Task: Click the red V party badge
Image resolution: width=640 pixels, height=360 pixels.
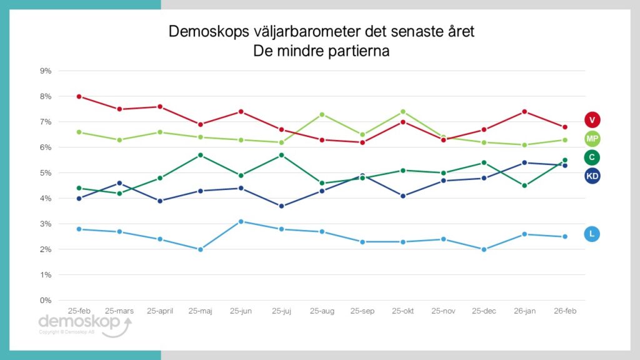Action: click(x=592, y=119)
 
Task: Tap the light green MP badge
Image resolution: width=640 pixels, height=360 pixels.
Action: click(x=592, y=138)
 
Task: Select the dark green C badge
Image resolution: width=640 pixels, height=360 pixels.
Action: click(x=592, y=157)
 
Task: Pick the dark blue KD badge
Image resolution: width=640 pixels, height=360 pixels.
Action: click(x=592, y=176)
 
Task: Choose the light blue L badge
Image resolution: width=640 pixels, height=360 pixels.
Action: click(x=592, y=234)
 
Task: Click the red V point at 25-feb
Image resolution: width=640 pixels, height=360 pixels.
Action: click(x=79, y=96)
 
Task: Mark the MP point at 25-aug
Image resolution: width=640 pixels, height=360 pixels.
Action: click(x=322, y=114)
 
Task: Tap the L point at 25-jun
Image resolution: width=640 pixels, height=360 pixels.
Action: click(x=241, y=221)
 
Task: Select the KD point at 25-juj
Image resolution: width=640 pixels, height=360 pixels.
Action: click(x=281, y=206)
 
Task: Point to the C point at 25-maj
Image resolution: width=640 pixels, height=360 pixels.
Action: click(x=201, y=155)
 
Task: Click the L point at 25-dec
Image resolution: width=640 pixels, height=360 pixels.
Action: click(x=484, y=249)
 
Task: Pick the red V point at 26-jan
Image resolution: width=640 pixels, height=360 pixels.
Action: click(x=524, y=112)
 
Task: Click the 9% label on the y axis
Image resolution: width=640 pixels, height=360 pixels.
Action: click(x=46, y=71)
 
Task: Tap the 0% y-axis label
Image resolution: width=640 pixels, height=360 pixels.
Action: click(x=46, y=301)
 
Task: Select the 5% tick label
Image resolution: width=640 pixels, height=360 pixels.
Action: click(x=46, y=173)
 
